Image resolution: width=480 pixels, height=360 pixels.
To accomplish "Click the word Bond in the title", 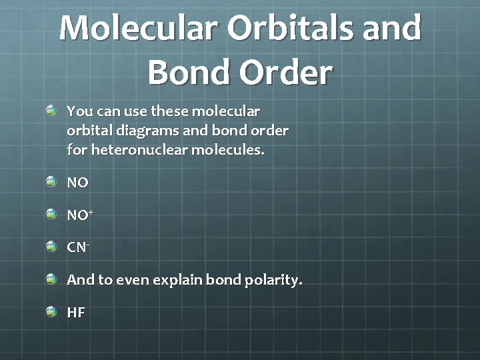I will [185, 72].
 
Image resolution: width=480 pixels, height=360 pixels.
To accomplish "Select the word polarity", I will [270, 280].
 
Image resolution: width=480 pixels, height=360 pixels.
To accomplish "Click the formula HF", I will [76, 313].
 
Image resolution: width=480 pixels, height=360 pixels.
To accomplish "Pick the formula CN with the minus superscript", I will [77, 247].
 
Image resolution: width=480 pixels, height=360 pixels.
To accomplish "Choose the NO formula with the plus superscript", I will [79, 215].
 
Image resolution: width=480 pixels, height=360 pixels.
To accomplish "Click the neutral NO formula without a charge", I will [77, 183].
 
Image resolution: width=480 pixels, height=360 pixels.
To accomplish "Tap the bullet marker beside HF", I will [52, 311].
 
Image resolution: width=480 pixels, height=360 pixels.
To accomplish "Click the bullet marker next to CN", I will [52, 246].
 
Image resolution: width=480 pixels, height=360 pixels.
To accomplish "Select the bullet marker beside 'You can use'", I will [52, 109].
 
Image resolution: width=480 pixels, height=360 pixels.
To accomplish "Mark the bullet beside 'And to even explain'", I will [52, 279].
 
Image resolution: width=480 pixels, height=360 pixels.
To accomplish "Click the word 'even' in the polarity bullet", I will [133, 280].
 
